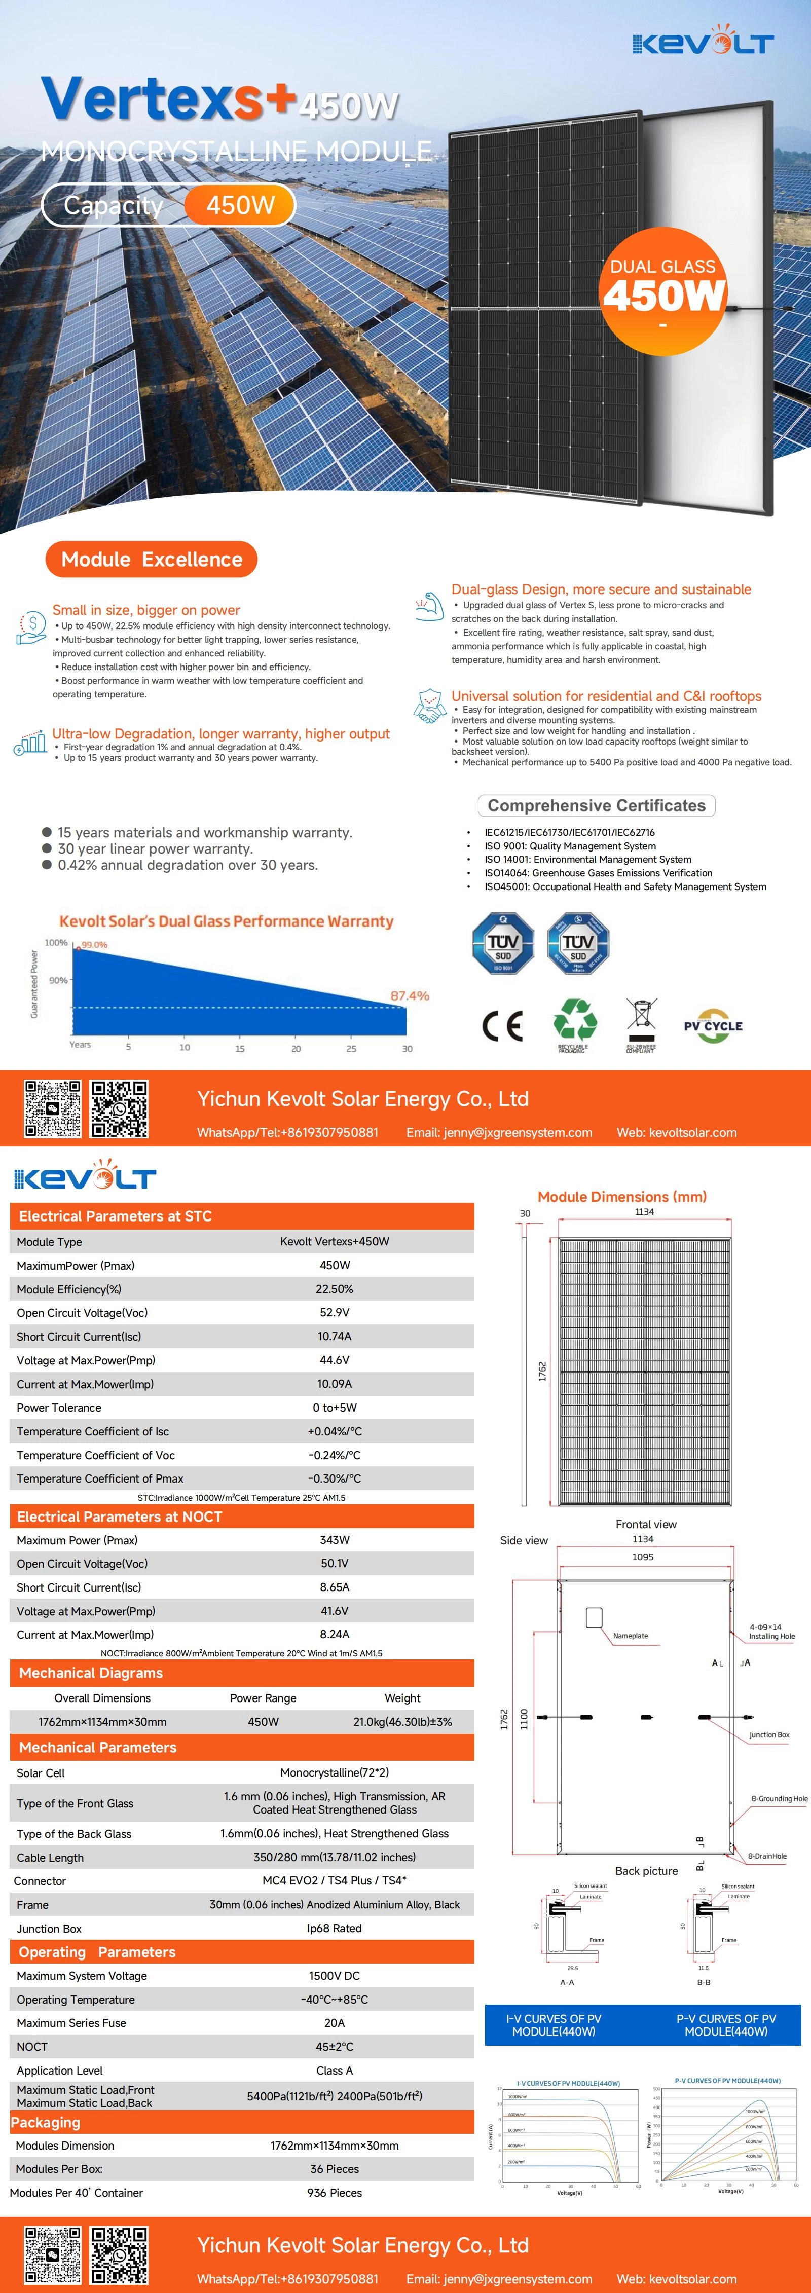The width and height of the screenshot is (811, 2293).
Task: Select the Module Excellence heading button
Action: click(152, 559)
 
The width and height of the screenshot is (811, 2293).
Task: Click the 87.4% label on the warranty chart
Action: click(410, 995)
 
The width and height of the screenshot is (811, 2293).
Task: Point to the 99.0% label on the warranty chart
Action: click(94, 944)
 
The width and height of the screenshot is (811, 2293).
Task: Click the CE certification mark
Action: click(502, 1025)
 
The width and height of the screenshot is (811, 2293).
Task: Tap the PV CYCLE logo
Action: click(713, 1025)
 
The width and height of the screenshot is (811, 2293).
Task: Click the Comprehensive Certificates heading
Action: click(597, 805)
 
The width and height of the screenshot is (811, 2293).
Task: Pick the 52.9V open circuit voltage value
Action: click(335, 1312)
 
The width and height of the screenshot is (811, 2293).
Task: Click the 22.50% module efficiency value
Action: click(335, 1289)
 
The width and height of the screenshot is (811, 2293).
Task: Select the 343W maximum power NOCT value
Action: click(335, 1540)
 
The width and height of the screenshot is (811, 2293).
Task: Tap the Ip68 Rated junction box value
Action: click(335, 1928)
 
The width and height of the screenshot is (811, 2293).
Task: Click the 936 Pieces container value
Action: click(335, 2193)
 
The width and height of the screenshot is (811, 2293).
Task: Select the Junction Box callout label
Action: click(769, 1735)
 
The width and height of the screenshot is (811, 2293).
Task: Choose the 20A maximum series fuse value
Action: click(335, 2022)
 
